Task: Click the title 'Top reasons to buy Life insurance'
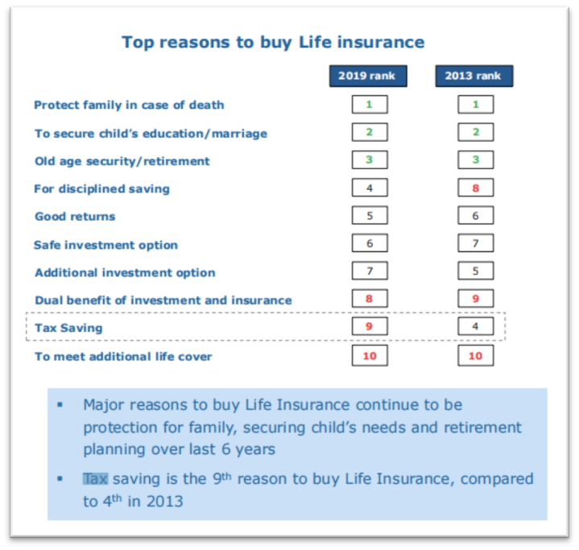(x=273, y=43)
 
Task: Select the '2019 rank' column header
(x=368, y=76)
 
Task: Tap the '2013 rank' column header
(x=474, y=76)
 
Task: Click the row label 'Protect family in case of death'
(x=129, y=105)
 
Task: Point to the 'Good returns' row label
(x=75, y=217)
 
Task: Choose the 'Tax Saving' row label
(x=68, y=328)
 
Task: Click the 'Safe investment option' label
(x=106, y=245)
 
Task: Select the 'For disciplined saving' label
(x=102, y=188)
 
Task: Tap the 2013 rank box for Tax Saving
(x=476, y=326)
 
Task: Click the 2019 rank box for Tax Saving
(x=370, y=326)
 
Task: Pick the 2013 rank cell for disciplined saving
(x=476, y=188)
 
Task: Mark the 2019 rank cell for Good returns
(x=370, y=215)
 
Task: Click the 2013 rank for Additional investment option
(x=476, y=271)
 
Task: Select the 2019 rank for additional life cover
(x=370, y=355)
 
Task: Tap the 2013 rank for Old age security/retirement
(x=476, y=160)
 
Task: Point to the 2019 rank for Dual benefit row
(x=370, y=299)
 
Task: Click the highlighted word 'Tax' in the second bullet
(x=95, y=478)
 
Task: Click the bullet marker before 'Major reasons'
(x=60, y=405)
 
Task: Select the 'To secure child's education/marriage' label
(x=151, y=134)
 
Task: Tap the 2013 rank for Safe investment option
(x=476, y=243)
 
